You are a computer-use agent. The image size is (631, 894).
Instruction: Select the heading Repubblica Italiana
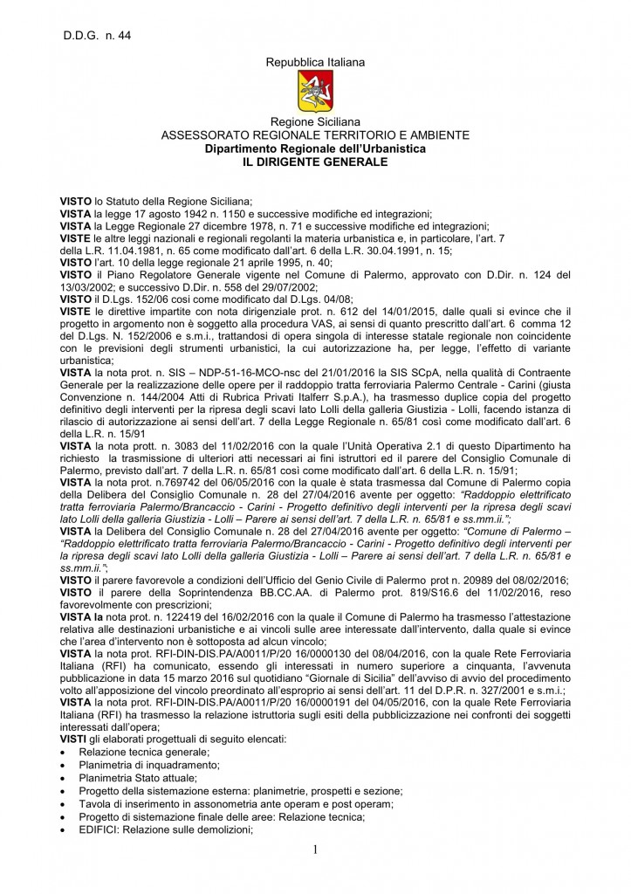[x=316, y=62]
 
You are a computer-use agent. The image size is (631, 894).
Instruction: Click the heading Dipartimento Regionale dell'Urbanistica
[x=316, y=149]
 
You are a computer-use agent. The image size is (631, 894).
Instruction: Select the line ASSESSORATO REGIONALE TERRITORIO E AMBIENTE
[x=316, y=136]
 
